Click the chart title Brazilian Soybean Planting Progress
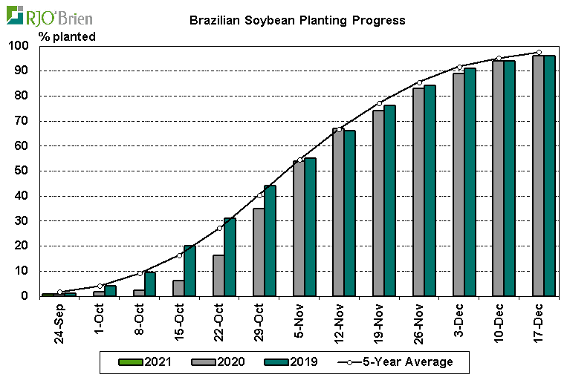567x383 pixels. [x=297, y=20]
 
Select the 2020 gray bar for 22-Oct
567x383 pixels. [x=218, y=275]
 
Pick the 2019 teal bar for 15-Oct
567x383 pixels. [x=190, y=270]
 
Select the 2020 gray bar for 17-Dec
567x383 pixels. [x=538, y=175]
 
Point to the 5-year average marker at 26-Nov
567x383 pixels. [x=420, y=82]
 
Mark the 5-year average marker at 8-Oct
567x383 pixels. [x=140, y=273]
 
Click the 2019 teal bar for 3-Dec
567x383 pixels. [x=470, y=182]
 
